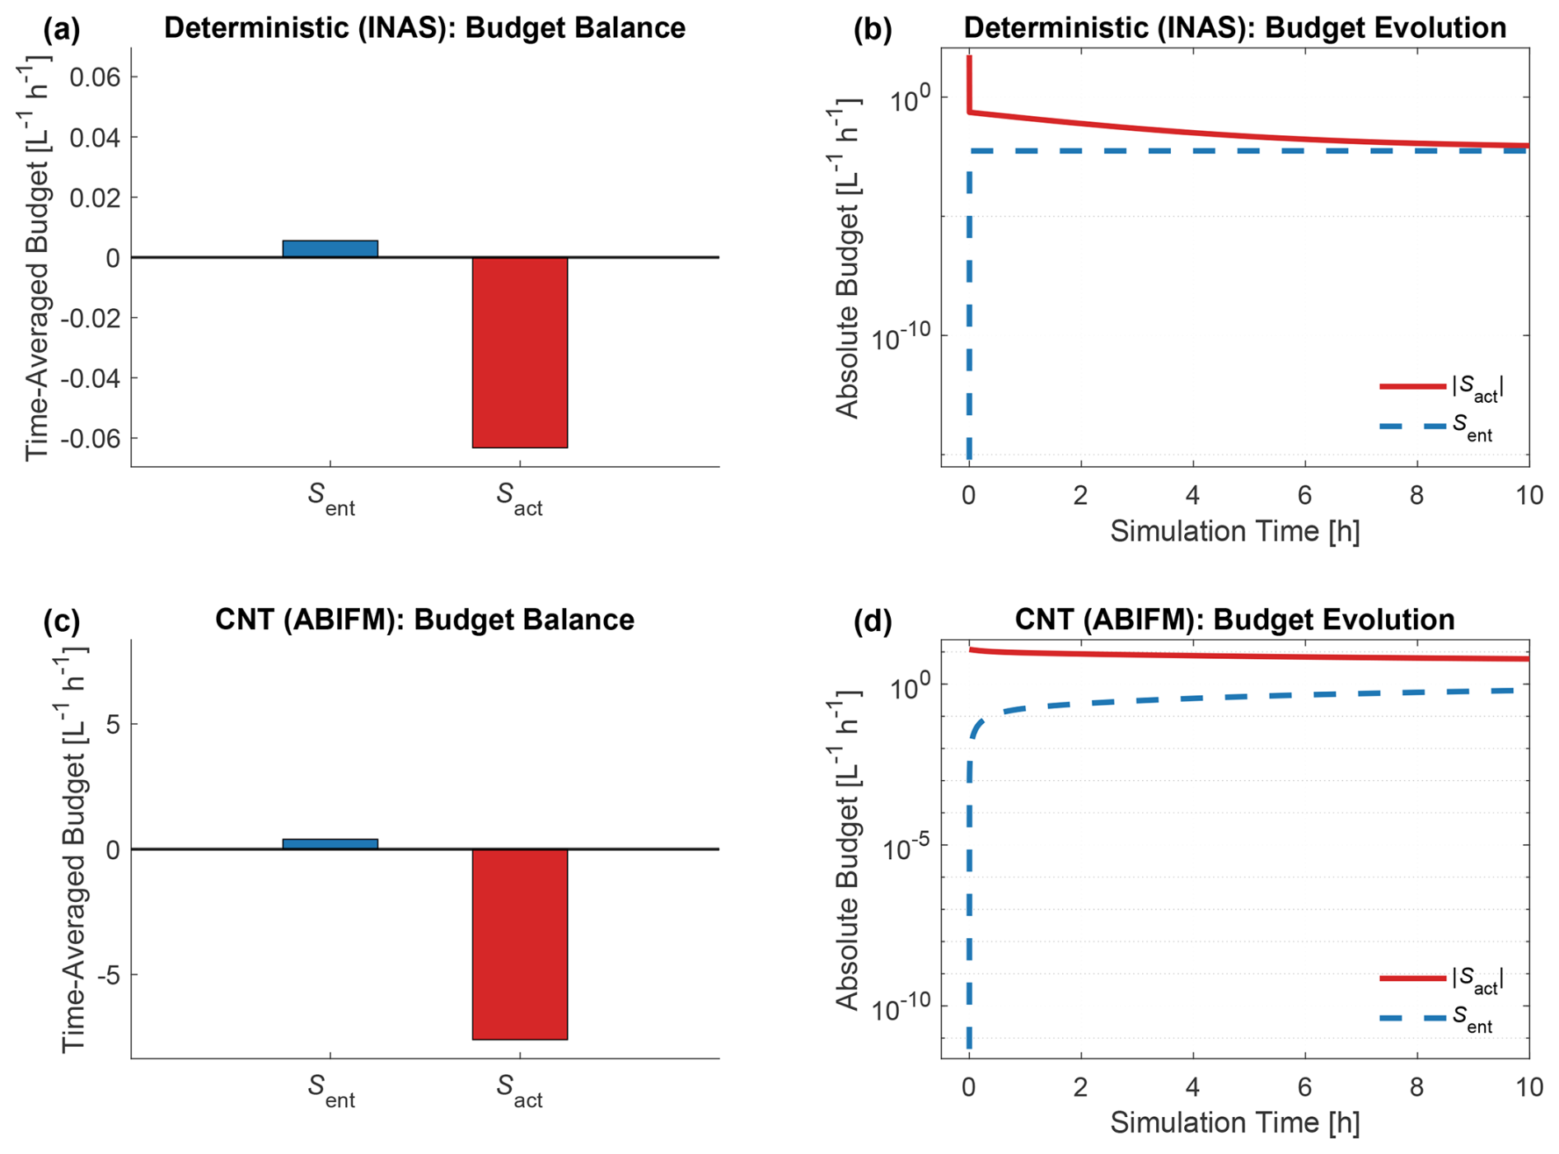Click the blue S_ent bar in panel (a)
(330, 249)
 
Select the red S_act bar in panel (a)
(519, 352)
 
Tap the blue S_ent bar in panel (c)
(330, 843)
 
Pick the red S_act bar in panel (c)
(519, 944)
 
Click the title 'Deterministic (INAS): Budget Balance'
(424, 28)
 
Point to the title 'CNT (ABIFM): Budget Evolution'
(1234, 619)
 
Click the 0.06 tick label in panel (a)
(95, 77)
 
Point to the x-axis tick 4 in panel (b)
(1192, 495)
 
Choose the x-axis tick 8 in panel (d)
(1416, 1087)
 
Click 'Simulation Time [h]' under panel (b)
(1234, 531)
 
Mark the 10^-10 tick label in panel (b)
(900, 336)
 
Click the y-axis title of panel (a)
(37, 257)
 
